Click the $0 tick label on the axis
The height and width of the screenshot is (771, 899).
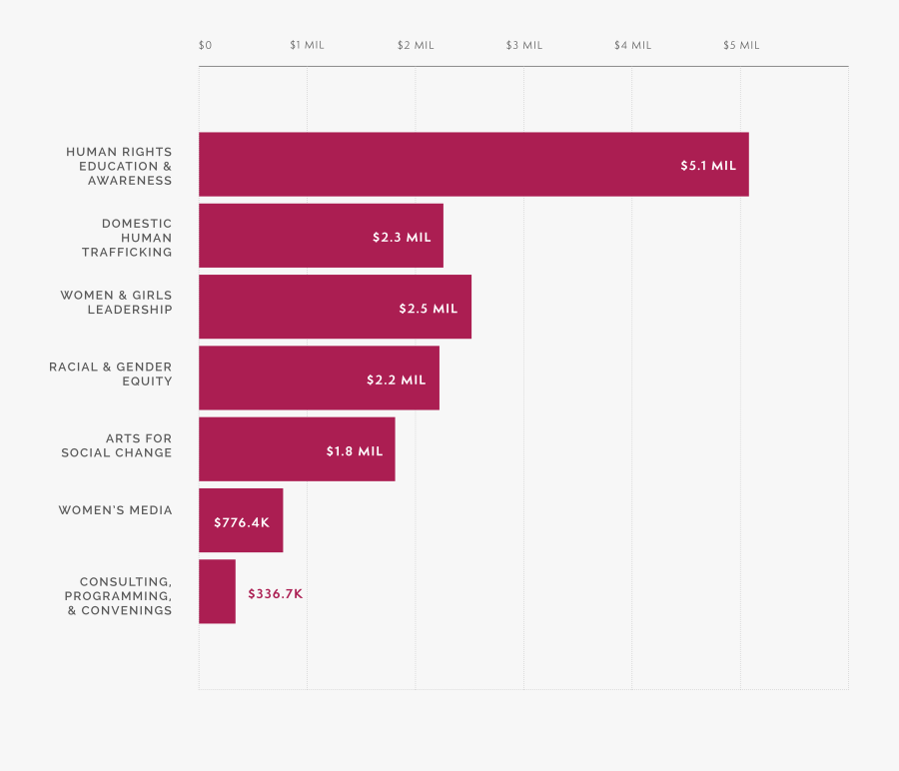point(205,45)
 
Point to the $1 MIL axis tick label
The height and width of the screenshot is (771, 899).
point(307,45)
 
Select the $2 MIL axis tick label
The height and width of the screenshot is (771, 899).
point(416,45)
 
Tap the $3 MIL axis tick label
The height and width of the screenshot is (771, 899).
point(524,45)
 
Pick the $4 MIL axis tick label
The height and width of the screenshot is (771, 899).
point(632,45)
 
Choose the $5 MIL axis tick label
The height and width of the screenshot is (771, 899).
point(741,45)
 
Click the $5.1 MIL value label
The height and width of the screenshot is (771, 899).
point(708,166)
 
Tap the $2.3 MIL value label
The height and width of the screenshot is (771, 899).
point(402,238)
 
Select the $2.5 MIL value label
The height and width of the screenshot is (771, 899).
point(429,309)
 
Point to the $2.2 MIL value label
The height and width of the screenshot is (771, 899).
point(397,381)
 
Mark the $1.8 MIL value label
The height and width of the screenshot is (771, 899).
point(355,451)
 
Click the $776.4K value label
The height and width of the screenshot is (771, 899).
point(242,522)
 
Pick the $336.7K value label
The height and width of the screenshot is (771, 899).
point(276,593)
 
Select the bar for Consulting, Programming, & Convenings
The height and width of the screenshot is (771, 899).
point(217,591)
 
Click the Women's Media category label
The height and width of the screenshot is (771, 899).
point(115,510)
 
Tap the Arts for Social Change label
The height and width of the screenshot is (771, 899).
point(117,445)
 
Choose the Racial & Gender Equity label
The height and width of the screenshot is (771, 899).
point(111,374)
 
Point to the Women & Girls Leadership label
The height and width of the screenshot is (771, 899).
point(116,303)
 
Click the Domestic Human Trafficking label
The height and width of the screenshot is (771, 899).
point(127,238)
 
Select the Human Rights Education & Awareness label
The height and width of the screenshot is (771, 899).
point(119,166)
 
